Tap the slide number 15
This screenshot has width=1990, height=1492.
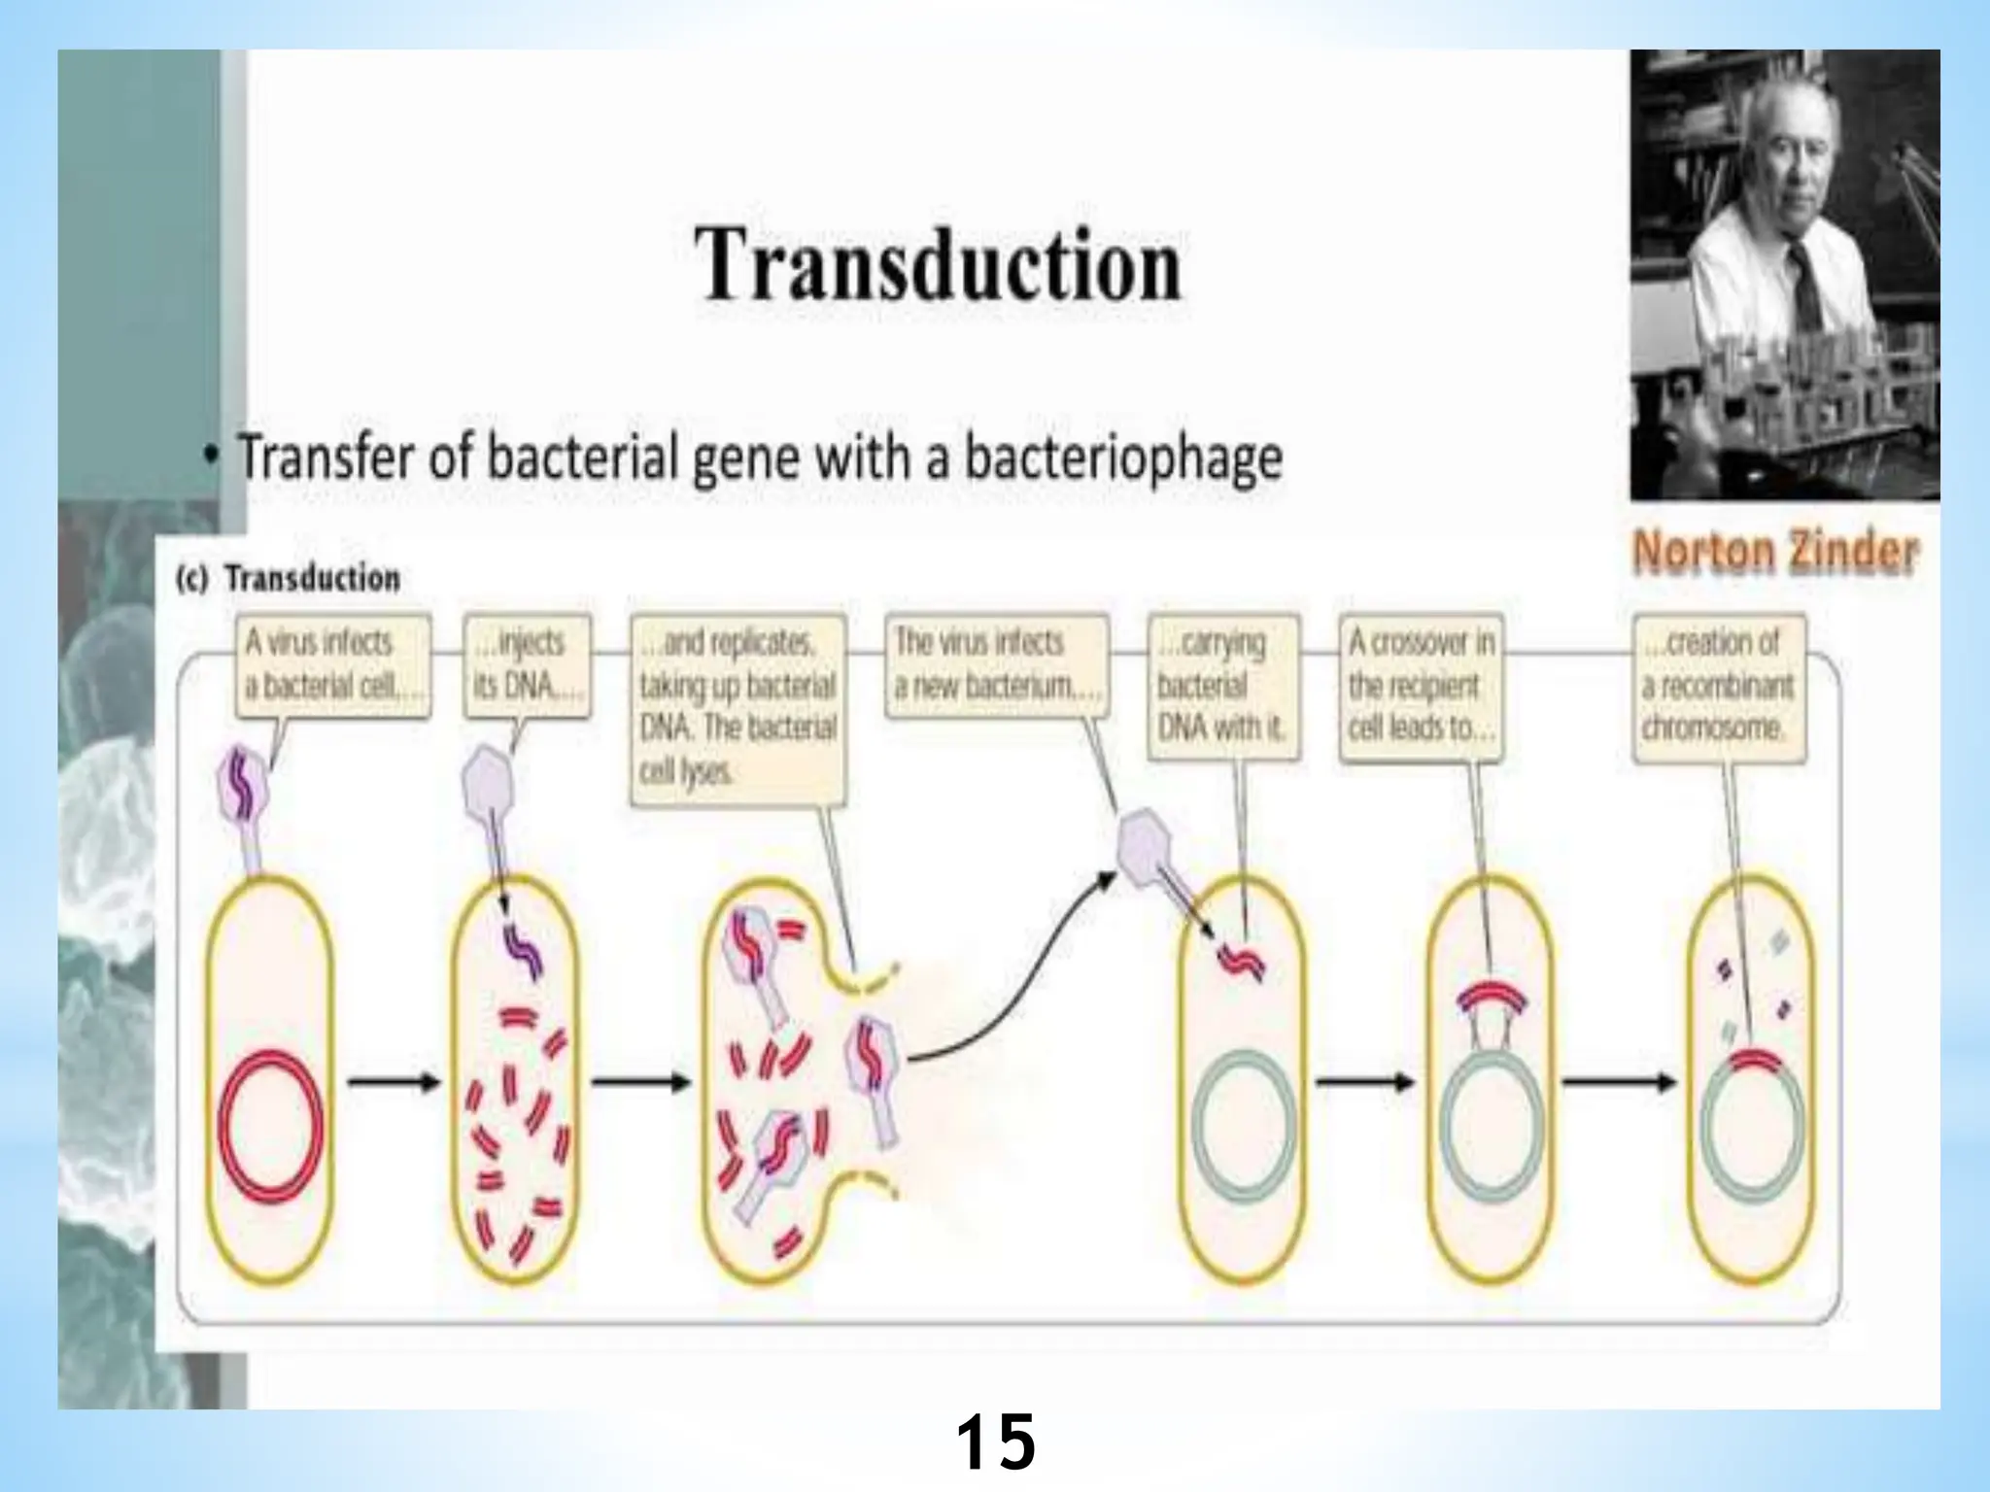coord(995,1442)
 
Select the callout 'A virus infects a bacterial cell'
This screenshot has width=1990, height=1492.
coord(332,664)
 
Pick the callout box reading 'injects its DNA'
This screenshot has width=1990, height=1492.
coord(528,664)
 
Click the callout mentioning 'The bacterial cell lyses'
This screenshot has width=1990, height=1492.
coord(738,708)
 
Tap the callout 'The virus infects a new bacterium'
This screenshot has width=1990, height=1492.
coord(996,664)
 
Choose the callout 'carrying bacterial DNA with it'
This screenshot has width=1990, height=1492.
coord(1222,685)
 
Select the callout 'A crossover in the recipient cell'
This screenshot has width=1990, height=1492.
coord(1421,685)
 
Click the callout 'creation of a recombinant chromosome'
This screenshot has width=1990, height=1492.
coord(1718,685)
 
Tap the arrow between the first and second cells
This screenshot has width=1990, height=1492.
coord(393,1082)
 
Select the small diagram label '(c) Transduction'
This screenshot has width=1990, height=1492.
coord(289,579)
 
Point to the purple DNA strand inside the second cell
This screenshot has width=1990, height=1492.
coord(522,949)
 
